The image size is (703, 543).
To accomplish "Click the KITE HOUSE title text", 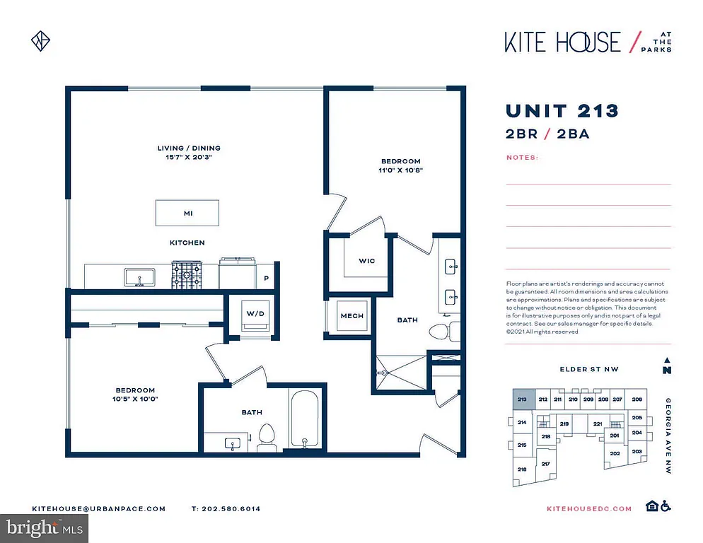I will [x=562, y=42].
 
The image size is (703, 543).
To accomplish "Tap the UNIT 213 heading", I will [x=562, y=111].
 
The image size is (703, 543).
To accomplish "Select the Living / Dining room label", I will [x=189, y=148].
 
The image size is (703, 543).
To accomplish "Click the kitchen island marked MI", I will [x=187, y=212].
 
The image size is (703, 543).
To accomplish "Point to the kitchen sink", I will [x=140, y=276].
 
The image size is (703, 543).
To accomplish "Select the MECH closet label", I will [x=351, y=315].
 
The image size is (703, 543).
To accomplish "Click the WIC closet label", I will [x=366, y=261].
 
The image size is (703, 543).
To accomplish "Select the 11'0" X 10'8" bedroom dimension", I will [x=400, y=170].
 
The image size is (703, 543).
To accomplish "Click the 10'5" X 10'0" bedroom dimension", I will [x=136, y=399].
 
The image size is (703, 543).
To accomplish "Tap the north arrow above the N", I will [x=666, y=359].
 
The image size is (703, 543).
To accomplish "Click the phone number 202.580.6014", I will [x=226, y=508].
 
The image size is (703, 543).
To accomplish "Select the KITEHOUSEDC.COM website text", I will [x=589, y=508].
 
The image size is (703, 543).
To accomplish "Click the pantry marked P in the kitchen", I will [x=266, y=278].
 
